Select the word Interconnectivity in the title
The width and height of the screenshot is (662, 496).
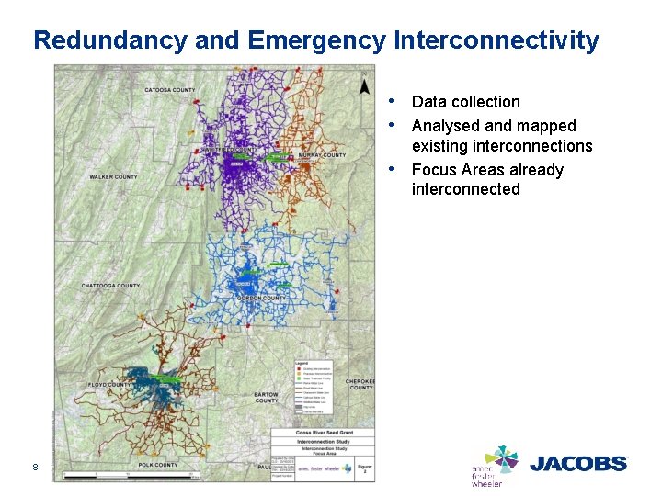point(496,41)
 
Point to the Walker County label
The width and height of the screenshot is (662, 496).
point(113,177)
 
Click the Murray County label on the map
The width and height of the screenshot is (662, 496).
point(322,155)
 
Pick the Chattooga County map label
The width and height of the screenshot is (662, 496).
point(110,286)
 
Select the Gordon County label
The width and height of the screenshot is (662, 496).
point(261,299)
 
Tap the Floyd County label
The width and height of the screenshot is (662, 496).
point(108,385)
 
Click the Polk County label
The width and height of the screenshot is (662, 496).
point(157,466)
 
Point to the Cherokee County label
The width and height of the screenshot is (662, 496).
point(361,384)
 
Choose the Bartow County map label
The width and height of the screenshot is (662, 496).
point(266,397)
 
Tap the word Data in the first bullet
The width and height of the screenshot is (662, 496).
point(428,102)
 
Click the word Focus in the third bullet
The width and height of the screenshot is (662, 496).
point(432,170)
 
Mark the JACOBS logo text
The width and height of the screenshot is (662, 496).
point(578,463)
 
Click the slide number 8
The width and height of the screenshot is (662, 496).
point(35,467)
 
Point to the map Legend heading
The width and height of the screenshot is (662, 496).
point(301,364)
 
